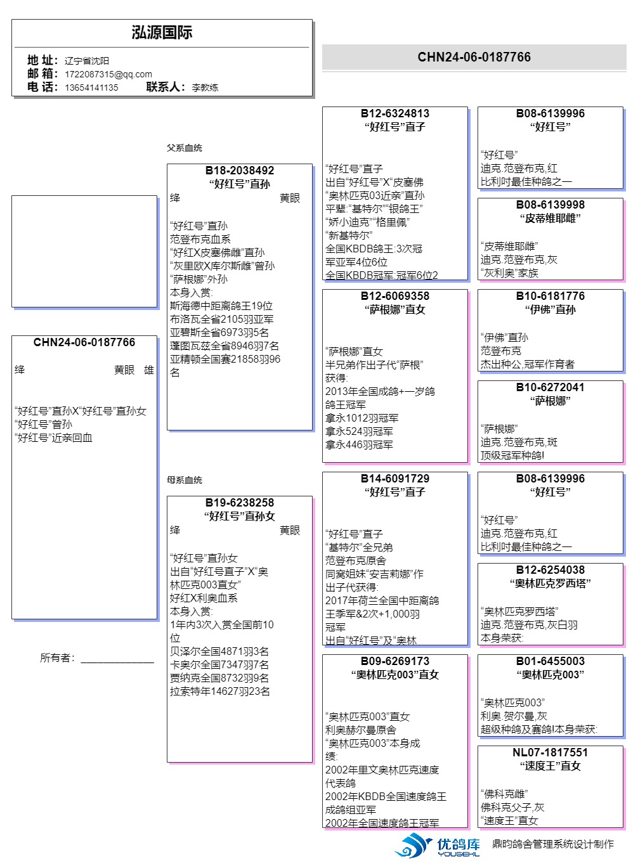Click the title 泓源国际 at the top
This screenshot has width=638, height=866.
click(x=162, y=33)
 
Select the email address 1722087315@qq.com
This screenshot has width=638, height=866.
click(x=108, y=74)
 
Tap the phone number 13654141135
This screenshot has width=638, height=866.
click(x=91, y=87)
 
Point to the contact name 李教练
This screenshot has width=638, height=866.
click(x=205, y=87)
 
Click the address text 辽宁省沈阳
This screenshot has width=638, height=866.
click(x=87, y=61)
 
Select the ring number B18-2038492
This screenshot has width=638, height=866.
click(x=240, y=171)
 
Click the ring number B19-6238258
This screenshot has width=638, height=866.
click(x=240, y=503)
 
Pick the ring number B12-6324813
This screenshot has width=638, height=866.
click(x=394, y=113)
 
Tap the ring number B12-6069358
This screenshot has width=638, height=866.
click(x=394, y=296)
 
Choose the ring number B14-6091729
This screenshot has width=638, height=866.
click(x=394, y=479)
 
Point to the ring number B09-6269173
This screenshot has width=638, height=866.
click(x=394, y=661)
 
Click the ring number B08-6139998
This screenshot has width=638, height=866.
click(x=550, y=205)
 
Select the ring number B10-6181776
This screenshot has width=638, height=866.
click(x=550, y=296)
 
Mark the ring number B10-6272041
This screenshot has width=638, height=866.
click(x=550, y=387)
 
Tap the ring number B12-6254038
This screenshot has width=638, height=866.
click(x=550, y=570)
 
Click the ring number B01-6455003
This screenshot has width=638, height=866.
click(x=550, y=661)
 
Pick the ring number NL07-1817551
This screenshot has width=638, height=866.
click(x=550, y=753)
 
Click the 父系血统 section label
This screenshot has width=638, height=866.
click(x=185, y=148)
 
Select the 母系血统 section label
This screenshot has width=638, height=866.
click(x=185, y=480)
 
